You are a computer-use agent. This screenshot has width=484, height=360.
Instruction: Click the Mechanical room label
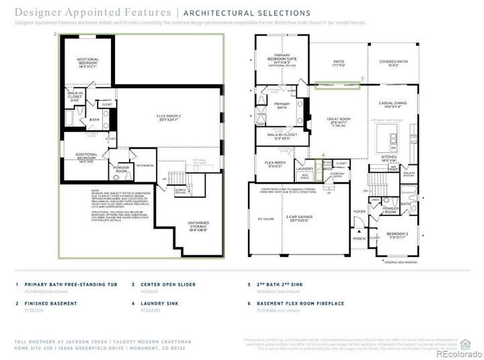tap(145, 165)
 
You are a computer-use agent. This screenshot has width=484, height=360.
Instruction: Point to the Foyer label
tap(360, 211)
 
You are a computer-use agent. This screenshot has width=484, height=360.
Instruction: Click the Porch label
tap(358, 238)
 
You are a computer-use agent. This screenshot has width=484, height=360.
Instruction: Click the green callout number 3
tap(362, 79)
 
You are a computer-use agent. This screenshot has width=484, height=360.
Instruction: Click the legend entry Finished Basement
tap(50, 303)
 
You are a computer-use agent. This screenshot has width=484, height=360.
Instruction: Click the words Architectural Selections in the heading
tap(247, 13)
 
